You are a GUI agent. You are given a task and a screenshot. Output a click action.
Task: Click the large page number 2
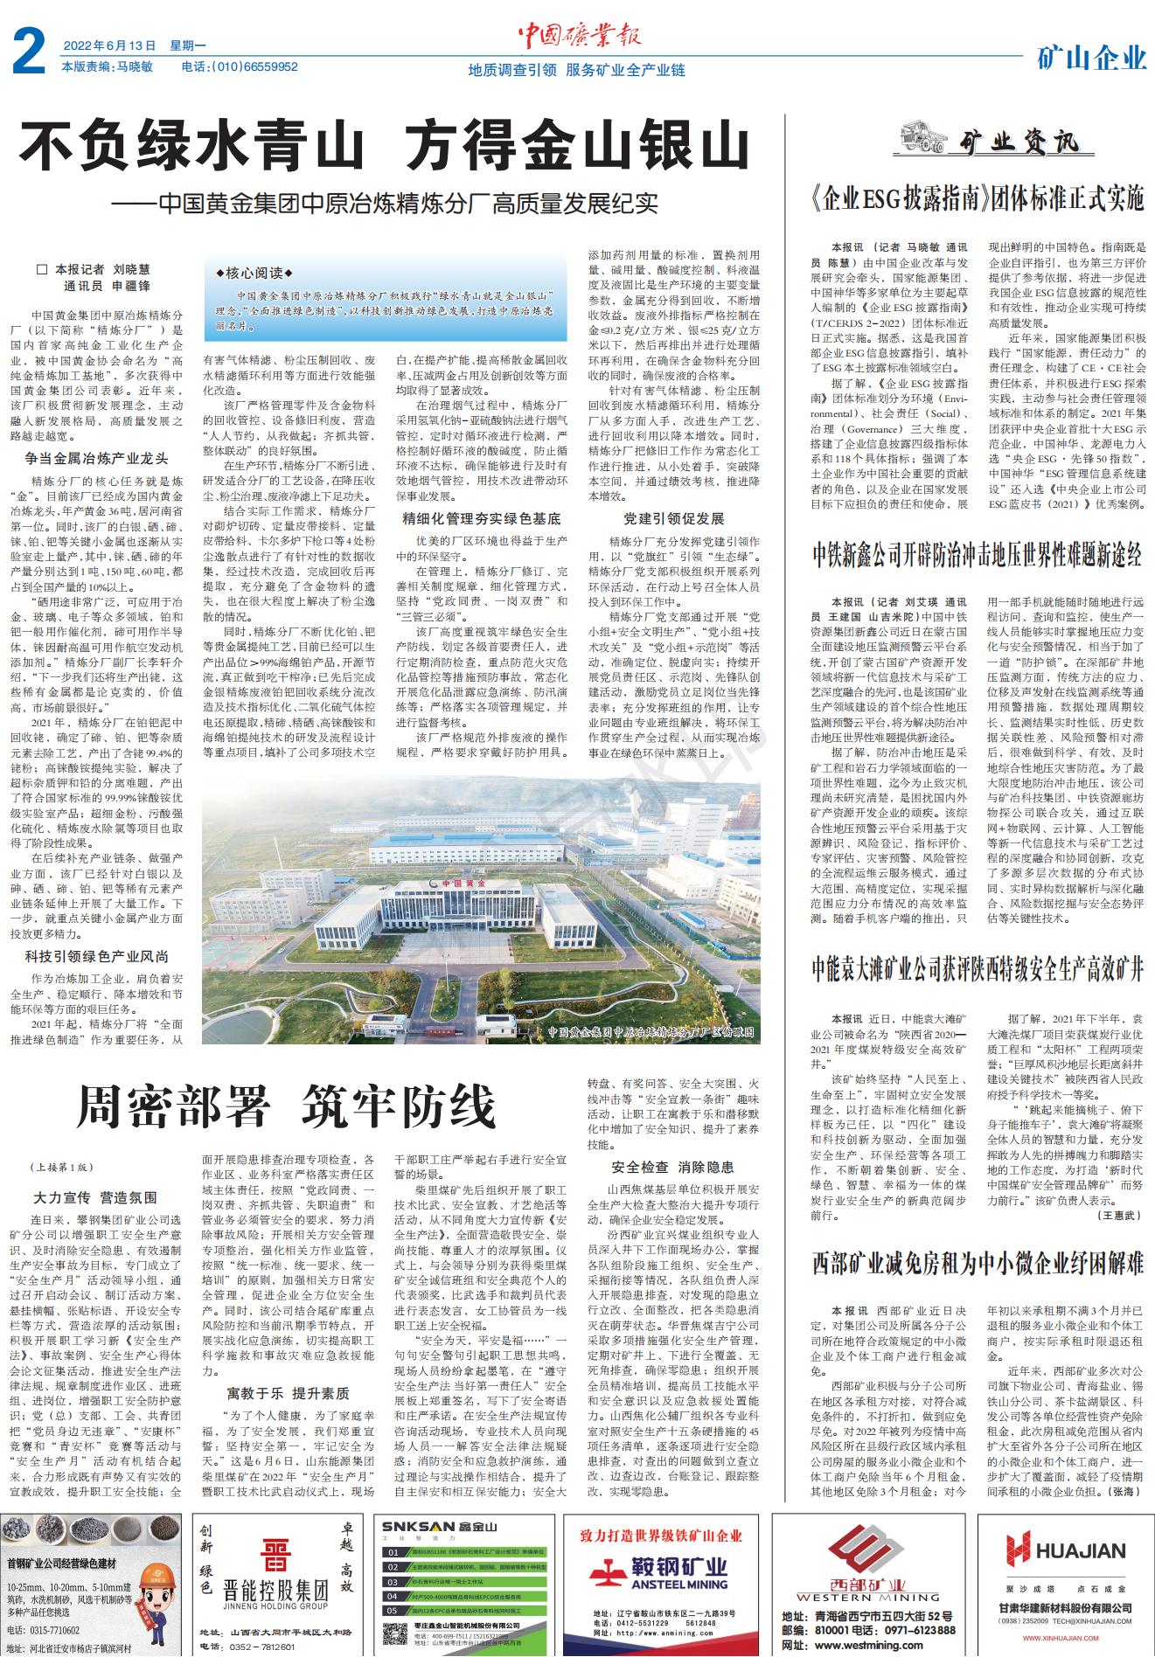point(29,54)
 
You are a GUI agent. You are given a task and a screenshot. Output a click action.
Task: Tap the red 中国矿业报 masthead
point(579,35)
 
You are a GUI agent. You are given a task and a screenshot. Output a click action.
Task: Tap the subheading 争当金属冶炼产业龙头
point(97,457)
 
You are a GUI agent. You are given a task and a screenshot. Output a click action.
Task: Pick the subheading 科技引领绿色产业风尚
point(97,957)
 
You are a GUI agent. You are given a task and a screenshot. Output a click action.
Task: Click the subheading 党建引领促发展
point(673,518)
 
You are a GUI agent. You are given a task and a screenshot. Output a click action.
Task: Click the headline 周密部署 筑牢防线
point(286,1107)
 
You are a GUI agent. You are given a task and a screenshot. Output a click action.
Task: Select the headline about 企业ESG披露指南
point(977,200)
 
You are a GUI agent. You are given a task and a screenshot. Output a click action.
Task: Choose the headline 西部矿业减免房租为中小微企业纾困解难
point(977,1263)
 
